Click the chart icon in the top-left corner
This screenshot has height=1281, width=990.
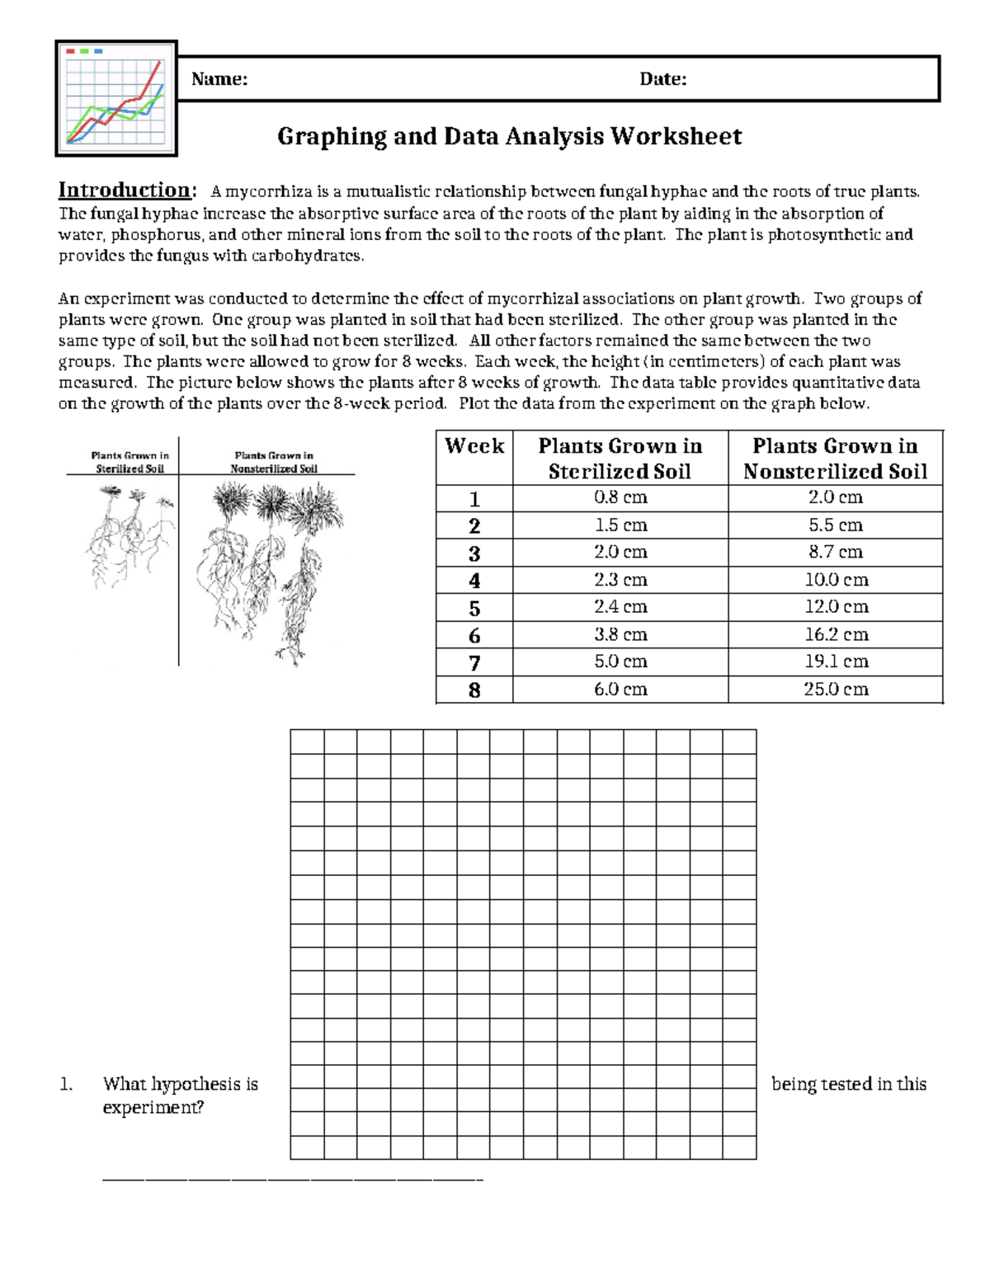(116, 98)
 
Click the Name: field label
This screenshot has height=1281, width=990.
(219, 79)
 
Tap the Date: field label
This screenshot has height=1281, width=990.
(662, 79)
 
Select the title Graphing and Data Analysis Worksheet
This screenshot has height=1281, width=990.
(509, 136)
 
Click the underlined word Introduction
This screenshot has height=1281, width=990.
(125, 190)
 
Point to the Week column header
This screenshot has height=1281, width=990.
(474, 446)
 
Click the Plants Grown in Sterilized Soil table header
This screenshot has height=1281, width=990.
(620, 458)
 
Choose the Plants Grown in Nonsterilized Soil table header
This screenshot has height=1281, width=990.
(835, 458)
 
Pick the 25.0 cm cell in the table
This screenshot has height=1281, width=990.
(836, 689)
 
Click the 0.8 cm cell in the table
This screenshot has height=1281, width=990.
(620, 497)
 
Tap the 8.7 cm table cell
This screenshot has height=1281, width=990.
(836, 552)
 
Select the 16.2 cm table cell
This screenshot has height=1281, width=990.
(836, 634)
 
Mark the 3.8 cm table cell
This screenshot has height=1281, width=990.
(620, 634)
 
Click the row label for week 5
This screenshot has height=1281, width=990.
(474, 608)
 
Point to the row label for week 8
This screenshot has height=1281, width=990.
(474, 690)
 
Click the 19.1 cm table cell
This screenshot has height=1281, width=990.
(836, 662)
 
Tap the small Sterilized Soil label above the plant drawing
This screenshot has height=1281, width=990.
(130, 462)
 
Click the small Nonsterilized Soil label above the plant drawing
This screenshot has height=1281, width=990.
(273, 462)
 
